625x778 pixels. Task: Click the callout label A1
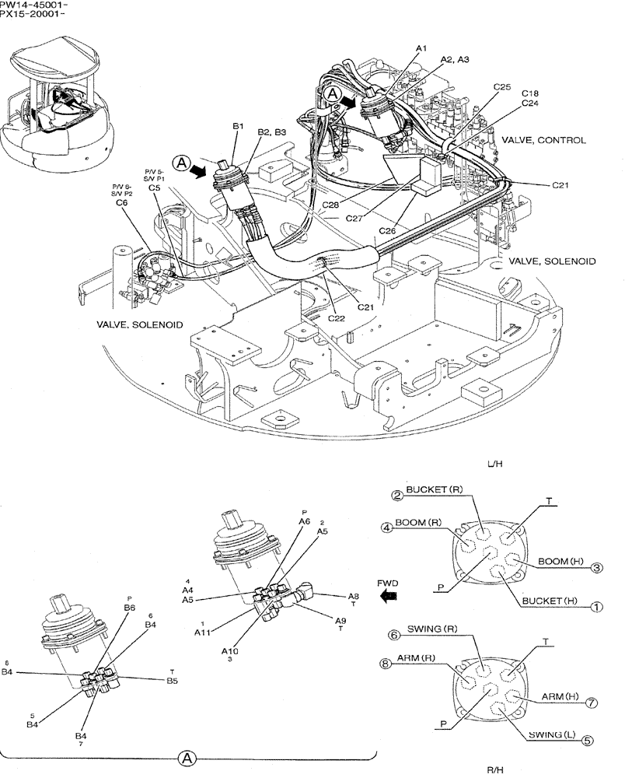(x=421, y=48)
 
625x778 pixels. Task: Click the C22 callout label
(x=336, y=317)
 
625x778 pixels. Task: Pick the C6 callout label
(x=121, y=202)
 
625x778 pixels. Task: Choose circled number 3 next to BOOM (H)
(x=596, y=567)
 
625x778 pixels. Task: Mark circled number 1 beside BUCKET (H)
(x=596, y=605)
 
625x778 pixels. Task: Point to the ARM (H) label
(x=560, y=696)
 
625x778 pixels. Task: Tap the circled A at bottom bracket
(x=186, y=756)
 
